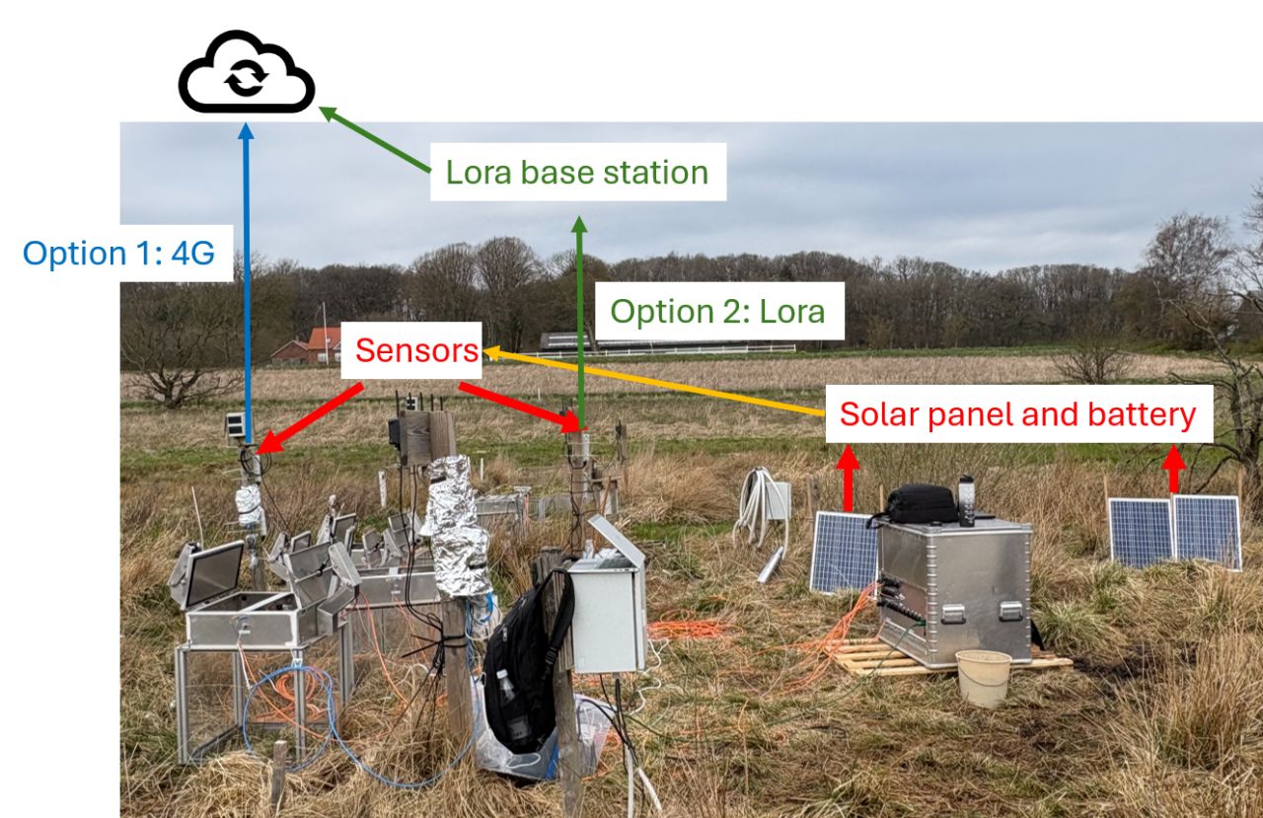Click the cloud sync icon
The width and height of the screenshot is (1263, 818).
click(x=247, y=72)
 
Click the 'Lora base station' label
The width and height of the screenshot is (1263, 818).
click(x=577, y=172)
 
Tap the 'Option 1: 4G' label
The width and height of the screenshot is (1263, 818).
click(x=119, y=253)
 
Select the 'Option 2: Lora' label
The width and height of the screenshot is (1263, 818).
click(x=717, y=311)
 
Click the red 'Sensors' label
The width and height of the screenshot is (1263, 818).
click(x=416, y=350)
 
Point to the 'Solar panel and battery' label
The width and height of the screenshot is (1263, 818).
click(x=1017, y=414)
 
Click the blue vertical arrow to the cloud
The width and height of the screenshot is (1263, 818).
click(x=247, y=283)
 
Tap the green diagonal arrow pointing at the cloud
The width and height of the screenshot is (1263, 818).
click(x=375, y=139)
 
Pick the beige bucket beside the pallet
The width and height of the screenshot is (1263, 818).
click(x=984, y=678)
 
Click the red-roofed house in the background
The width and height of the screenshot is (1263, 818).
click(x=307, y=345)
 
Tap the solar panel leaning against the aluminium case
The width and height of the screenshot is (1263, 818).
click(x=844, y=553)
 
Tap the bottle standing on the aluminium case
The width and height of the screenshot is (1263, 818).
click(x=966, y=500)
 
